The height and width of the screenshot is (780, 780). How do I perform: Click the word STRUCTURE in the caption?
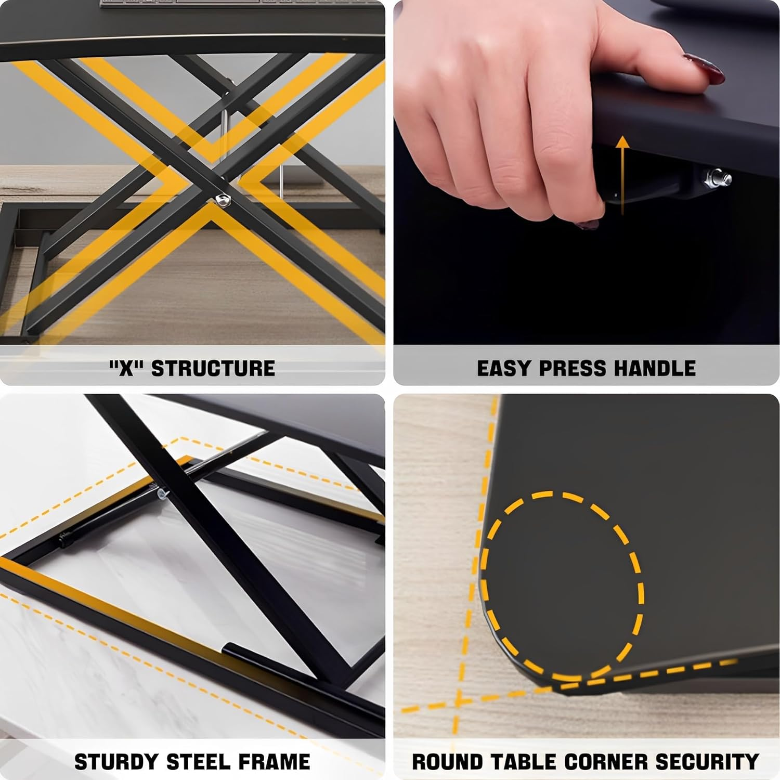pyautogui.click(x=213, y=368)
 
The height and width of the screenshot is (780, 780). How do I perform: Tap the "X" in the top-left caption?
pyautogui.click(x=126, y=368)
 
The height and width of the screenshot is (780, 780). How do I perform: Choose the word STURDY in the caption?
pyautogui.click(x=116, y=762)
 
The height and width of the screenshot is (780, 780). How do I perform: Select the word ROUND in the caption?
pyautogui.click(x=447, y=762)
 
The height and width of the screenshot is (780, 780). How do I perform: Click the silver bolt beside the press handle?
pyautogui.click(x=720, y=177)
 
